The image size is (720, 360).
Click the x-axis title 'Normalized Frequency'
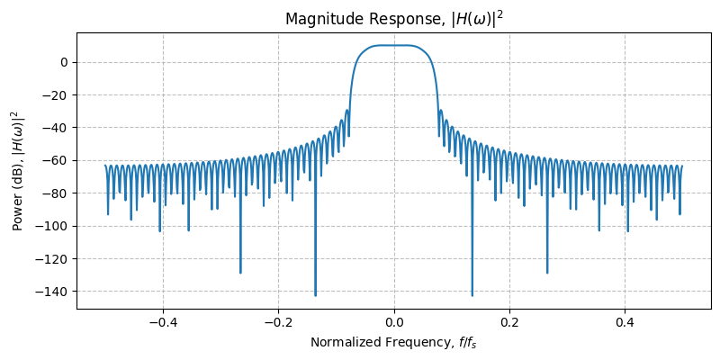click(393, 342)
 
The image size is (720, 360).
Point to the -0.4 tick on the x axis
click(162, 322)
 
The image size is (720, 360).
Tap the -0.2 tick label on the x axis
click(278, 322)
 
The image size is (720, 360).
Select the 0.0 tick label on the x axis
click(394, 322)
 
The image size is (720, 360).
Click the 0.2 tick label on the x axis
click(509, 322)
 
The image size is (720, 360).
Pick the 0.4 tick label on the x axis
click(625, 322)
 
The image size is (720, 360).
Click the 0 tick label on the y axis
click(64, 62)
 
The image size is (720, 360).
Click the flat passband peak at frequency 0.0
click(394, 45)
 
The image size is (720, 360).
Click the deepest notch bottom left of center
click(315, 294)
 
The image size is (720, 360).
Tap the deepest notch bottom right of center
click(472, 294)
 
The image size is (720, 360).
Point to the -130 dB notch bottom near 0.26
click(547, 272)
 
